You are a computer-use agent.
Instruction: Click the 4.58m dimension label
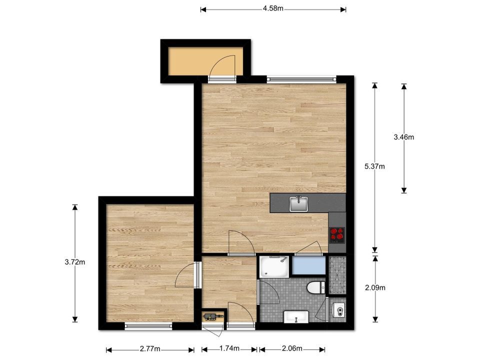(273, 8)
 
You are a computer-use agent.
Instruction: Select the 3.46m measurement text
(404, 137)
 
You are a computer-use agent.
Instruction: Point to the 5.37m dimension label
(374, 166)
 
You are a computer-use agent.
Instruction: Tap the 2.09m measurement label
(375, 288)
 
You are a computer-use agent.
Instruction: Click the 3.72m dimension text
(75, 262)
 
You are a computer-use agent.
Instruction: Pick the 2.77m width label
(150, 348)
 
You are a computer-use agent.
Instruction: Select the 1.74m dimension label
(229, 348)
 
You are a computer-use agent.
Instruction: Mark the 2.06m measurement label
(292, 348)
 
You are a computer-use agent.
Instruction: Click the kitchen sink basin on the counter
(298, 204)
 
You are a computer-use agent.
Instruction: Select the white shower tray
(274, 267)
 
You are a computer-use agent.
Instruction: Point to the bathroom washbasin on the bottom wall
(296, 317)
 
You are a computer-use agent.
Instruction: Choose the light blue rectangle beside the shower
(308, 265)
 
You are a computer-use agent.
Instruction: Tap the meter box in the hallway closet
(210, 316)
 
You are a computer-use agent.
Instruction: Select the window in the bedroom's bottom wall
(148, 326)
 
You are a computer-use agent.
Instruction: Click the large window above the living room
(301, 79)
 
